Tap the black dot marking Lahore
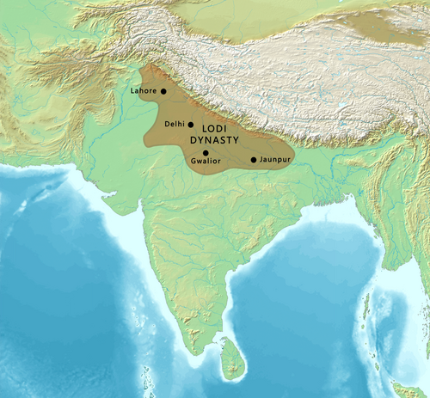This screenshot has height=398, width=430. click(163, 90)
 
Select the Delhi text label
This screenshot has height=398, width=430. click(175, 124)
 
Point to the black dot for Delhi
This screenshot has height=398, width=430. click(191, 124)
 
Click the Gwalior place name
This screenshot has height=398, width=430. click(205, 161)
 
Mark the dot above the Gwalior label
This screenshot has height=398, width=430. click(206, 152)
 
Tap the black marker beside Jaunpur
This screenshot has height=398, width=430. click(253, 160)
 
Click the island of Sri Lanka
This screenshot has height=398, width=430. click(230, 359)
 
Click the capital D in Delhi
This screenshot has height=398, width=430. click(166, 124)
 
